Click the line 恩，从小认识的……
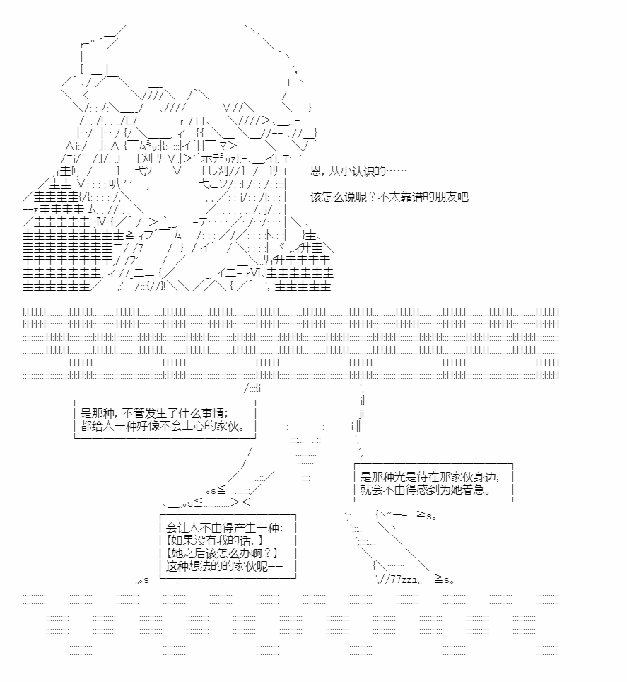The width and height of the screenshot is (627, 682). click(x=358, y=171)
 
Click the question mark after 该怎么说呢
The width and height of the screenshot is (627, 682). click(x=373, y=197)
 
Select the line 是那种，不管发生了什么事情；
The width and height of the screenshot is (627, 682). click(x=154, y=412)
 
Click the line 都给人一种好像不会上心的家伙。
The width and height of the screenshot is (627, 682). click(x=163, y=426)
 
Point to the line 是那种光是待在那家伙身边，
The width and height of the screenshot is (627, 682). click(x=430, y=477)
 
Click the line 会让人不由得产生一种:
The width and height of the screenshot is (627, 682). click(x=224, y=528)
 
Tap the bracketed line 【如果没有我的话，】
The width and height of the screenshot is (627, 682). click(x=215, y=541)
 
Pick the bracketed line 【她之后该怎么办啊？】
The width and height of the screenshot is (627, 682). click(x=222, y=553)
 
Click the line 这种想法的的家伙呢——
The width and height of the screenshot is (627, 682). click(x=224, y=566)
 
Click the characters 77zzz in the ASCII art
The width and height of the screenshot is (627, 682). click(x=404, y=579)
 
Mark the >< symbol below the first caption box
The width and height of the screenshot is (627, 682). click(x=241, y=502)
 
